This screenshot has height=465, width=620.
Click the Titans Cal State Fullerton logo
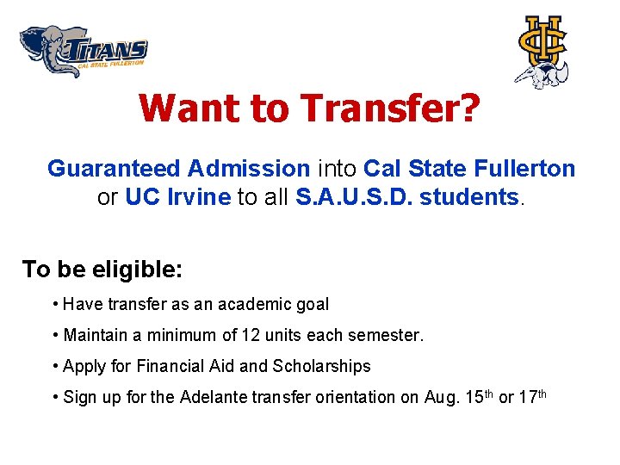[84, 52]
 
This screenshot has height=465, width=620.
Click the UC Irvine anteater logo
[542, 51]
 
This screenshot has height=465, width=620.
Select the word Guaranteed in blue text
[114, 168]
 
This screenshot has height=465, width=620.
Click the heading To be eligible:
[102, 270]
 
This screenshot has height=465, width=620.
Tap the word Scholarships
[321, 366]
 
